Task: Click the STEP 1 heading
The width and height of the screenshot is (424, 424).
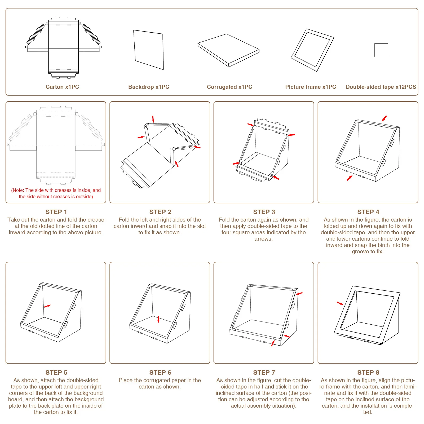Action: (x=56, y=212)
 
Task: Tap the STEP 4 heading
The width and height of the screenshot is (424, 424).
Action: (x=368, y=212)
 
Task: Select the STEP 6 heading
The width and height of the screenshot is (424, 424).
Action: (x=160, y=373)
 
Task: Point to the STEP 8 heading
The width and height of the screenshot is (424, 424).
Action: (x=368, y=373)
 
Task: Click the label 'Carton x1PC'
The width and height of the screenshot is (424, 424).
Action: (x=62, y=87)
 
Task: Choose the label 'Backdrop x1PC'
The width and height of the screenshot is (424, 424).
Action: (x=149, y=87)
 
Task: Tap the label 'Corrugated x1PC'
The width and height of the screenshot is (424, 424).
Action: (x=229, y=87)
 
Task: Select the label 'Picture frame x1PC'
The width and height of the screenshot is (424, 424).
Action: (x=311, y=87)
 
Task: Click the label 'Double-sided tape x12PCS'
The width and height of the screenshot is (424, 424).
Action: (x=381, y=87)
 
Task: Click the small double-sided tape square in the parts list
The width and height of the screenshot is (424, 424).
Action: (x=381, y=50)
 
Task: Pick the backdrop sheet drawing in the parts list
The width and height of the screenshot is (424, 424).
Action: (x=149, y=50)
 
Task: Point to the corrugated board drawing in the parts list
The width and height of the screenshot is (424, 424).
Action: (x=228, y=50)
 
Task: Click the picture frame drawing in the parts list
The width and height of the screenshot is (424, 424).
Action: (x=312, y=50)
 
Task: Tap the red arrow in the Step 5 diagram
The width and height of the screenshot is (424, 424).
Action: (x=47, y=306)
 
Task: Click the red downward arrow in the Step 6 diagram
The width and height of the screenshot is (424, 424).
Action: (x=158, y=319)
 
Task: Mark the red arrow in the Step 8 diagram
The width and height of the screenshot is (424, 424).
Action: (x=340, y=303)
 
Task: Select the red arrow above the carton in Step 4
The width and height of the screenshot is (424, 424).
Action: (x=384, y=118)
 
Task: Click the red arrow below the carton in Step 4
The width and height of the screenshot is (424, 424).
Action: (x=350, y=178)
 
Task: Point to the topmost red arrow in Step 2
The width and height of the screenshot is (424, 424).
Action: (x=153, y=119)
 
